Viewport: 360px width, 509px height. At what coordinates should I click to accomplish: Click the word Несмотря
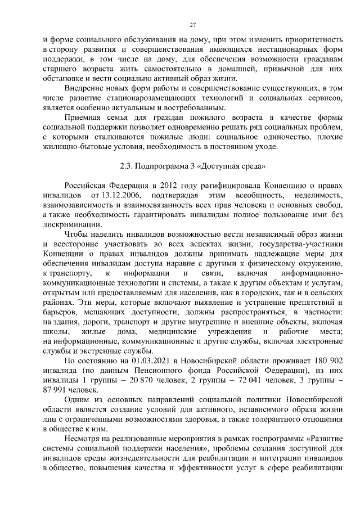click(x=83, y=440)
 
